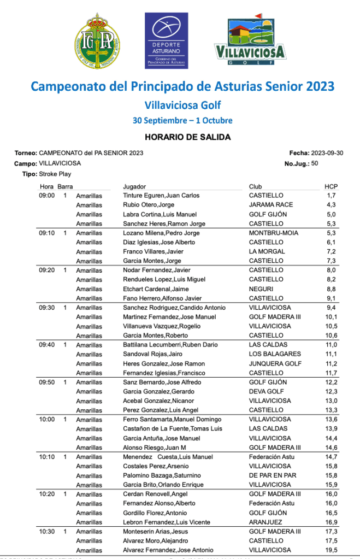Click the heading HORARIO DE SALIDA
[x=180, y=137]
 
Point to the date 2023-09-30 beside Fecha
[x=327, y=153]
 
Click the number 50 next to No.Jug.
[x=315, y=163]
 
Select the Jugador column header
[x=134, y=187]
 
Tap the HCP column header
[x=331, y=187]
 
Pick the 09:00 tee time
[x=46, y=196]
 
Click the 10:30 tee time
[x=46, y=531]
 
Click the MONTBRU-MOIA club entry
[x=272, y=233]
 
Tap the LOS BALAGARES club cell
[x=275, y=354]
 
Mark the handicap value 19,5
[x=331, y=550]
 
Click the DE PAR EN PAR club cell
[x=273, y=475]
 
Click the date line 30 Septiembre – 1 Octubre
[x=182, y=120]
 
